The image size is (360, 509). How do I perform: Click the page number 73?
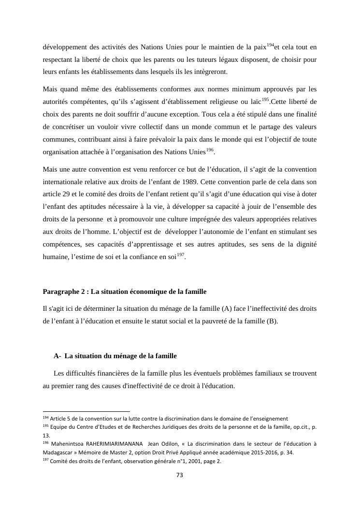click(x=179, y=475)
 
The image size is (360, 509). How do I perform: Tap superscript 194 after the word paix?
click(x=270, y=45)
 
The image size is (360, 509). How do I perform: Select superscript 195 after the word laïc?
click(x=265, y=99)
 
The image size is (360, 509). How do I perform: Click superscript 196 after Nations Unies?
click(x=210, y=150)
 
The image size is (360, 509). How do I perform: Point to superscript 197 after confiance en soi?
click(x=181, y=255)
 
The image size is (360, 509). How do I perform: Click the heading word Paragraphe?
click(x=60, y=291)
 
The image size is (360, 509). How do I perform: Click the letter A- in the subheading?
click(x=58, y=356)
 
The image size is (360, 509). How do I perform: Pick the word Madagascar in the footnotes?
click(x=60, y=452)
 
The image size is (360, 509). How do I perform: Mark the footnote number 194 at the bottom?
click(x=46, y=418)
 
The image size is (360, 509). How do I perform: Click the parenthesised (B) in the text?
click(x=272, y=321)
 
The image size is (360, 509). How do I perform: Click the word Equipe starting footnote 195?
click(x=59, y=427)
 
